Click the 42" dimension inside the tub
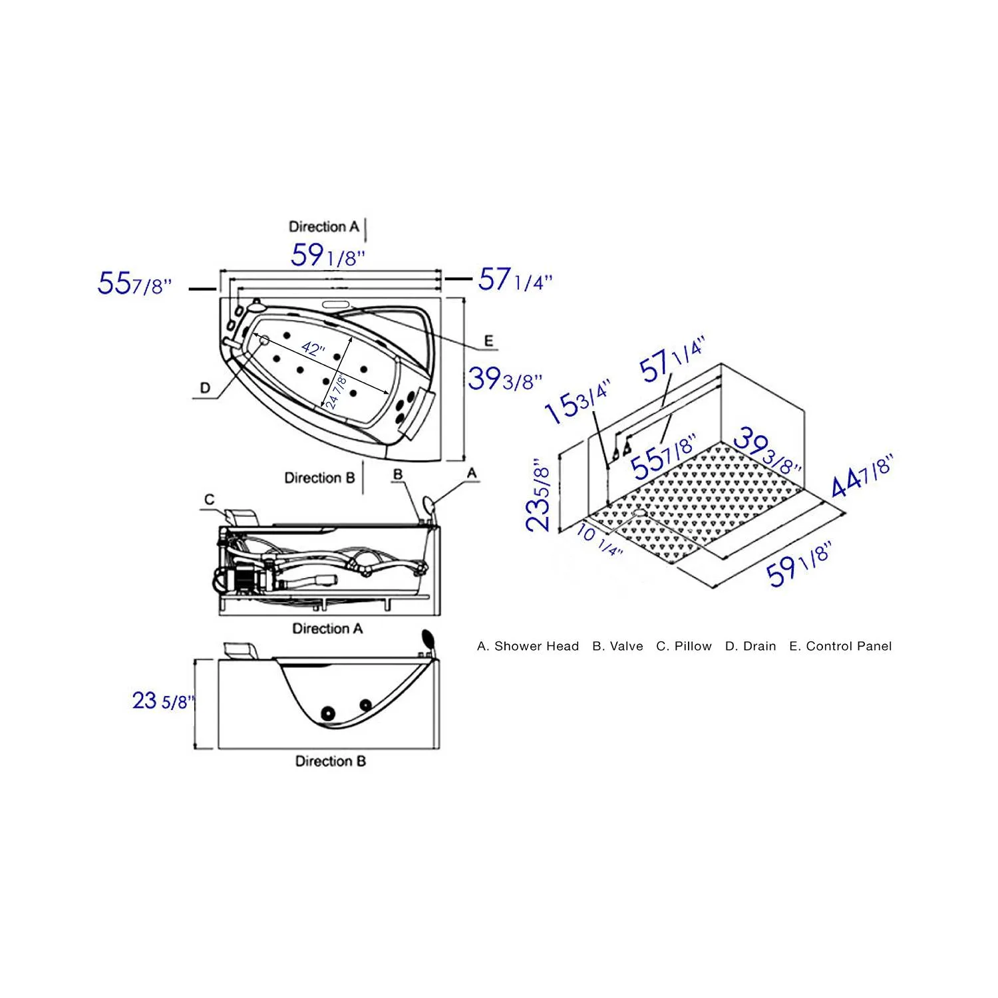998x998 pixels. [x=313, y=348]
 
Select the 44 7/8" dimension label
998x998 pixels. [x=862, y=476]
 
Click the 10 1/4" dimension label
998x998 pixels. [x=599, y=541]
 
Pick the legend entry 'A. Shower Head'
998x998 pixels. [x=528, y=646]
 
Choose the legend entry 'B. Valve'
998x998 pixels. [x=617, y=646]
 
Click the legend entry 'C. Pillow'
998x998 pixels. [x=683, y=646]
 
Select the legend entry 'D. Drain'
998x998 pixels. [x=750, y=646]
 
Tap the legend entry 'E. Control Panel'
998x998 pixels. [x=840, y=646]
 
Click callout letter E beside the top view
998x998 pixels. [x=489, y=341]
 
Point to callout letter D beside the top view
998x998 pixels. [x=206, y=388]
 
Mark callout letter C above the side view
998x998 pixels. [x=210, y=500]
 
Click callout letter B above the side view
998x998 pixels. [x=398, y=474]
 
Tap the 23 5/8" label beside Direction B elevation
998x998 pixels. [x=163, y=701]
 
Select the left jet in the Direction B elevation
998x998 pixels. [x=327, y=713]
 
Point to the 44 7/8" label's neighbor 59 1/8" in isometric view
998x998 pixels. [x=798, y=564]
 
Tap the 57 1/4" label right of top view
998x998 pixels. [x=515, y=280]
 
